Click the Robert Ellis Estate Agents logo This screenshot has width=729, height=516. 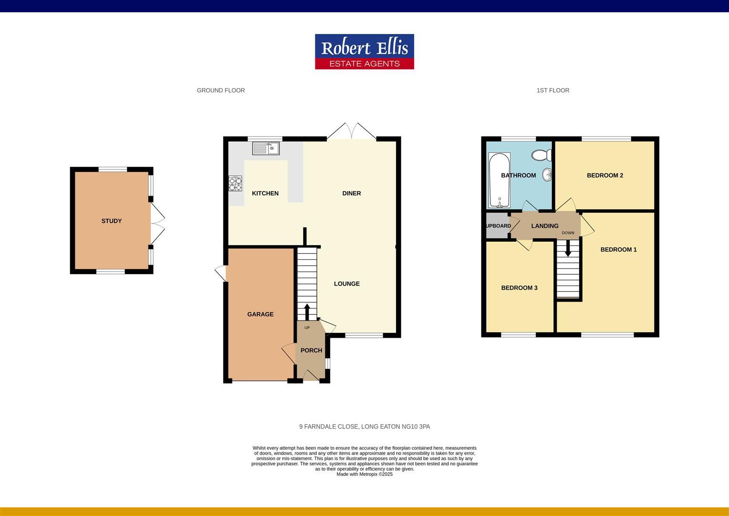coord(364,52)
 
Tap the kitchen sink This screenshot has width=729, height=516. coord(266,149)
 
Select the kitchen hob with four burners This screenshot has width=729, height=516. coord(235,184)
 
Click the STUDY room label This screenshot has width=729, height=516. coord(112,221)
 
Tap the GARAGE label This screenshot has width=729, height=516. coord(260,314)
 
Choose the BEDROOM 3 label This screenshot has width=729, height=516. coord(519,288)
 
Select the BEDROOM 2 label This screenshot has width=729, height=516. coord(605,175)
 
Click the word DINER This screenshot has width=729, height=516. coord(352,193)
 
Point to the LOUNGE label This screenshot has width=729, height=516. coord(347,284)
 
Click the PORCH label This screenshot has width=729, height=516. coord(311,351)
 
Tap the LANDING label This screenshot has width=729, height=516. coord(545,226)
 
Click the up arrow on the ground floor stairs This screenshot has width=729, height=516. coord(307,311)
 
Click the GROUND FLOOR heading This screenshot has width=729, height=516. coord(221,90)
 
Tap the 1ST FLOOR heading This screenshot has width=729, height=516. coord(553,90)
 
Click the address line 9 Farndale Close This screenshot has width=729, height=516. coord(364,427)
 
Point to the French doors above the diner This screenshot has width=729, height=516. coord(352,131)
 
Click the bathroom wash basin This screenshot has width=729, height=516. coord(549,175)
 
